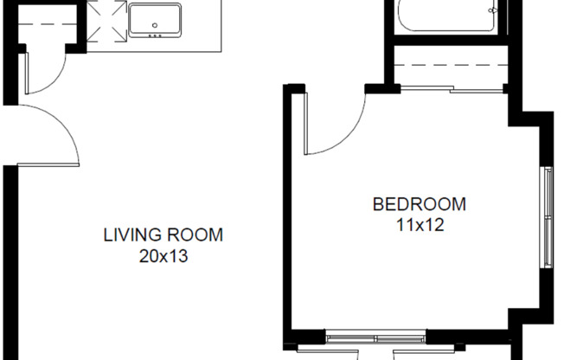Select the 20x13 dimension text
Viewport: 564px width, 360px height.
163,255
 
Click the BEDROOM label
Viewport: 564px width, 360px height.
419,205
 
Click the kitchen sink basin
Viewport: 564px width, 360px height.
156,20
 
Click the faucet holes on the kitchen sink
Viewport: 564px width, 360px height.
156,36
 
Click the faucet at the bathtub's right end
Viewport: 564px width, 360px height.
493,11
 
